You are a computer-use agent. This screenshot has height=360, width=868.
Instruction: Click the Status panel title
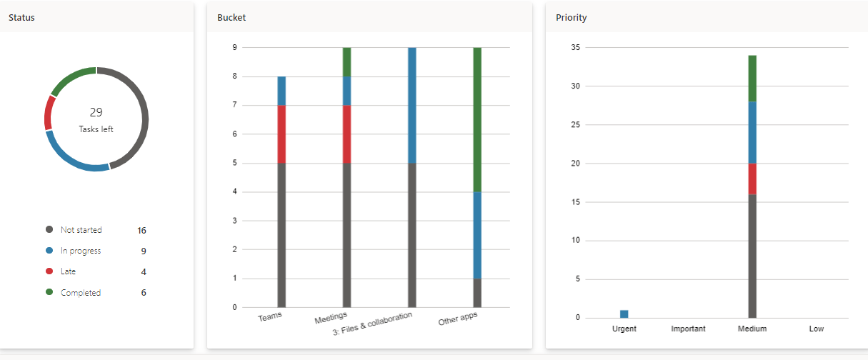click(21, 18)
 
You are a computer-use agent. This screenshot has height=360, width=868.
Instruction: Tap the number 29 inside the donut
click(96, 112)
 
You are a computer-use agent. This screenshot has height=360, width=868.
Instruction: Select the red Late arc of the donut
click(49, 113)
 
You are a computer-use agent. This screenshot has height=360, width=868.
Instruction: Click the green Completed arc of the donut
click(72, 77)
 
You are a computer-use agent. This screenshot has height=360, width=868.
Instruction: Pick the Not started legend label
click(81, 230)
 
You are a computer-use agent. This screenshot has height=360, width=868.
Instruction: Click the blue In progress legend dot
click(49, 251)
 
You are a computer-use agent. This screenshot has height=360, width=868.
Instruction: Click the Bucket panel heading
click(231, 18)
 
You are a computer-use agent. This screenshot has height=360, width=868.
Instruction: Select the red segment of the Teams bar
click(281, 134)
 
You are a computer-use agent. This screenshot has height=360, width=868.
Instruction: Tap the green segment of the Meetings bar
click(346, 61)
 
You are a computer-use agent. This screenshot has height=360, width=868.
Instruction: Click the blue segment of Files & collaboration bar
click(412, 105)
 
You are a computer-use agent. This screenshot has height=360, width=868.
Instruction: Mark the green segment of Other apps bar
click(477, 119)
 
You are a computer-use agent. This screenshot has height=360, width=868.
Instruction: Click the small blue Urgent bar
click(624, 314)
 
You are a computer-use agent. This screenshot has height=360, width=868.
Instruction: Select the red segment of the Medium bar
click(752, 179)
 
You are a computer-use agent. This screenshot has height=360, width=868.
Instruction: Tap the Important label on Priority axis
click(688, 329)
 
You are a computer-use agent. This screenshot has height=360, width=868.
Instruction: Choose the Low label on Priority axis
click(817, 329)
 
